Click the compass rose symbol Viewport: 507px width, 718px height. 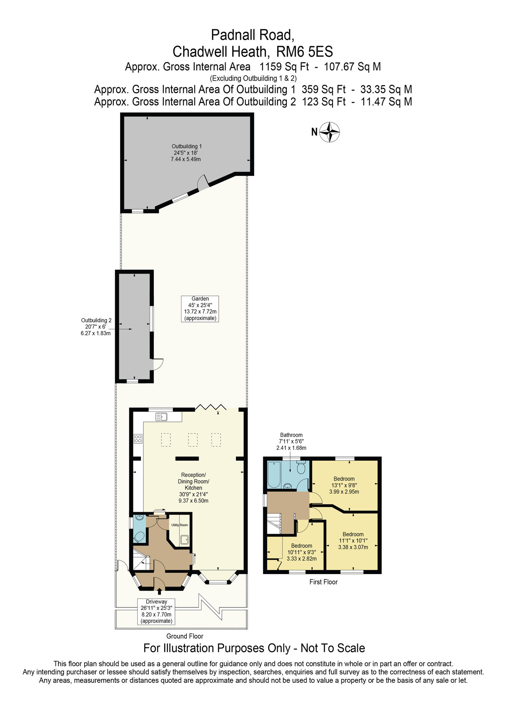click(329, 132)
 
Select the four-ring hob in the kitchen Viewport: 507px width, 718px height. click(138, 438)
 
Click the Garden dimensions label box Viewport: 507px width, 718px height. click(200, 308)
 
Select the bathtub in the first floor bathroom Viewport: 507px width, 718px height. click(274, 475)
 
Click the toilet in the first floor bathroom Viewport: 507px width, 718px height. click(301, 467)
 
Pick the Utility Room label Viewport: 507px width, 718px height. click(179, 525)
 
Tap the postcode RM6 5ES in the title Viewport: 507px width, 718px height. click(304, 52)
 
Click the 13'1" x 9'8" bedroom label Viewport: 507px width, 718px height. click(344, 485)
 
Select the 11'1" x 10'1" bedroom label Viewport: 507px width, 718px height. click(353, 541)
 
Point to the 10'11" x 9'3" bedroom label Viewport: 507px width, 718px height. click(302, 552)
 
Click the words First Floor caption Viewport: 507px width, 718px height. click(323, 582)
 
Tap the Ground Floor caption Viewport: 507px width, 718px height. click(185, 636)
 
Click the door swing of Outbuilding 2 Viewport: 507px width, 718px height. click(158, 364)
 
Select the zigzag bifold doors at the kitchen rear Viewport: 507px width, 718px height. click(210, 407)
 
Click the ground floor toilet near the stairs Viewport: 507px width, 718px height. click(139, 537)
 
